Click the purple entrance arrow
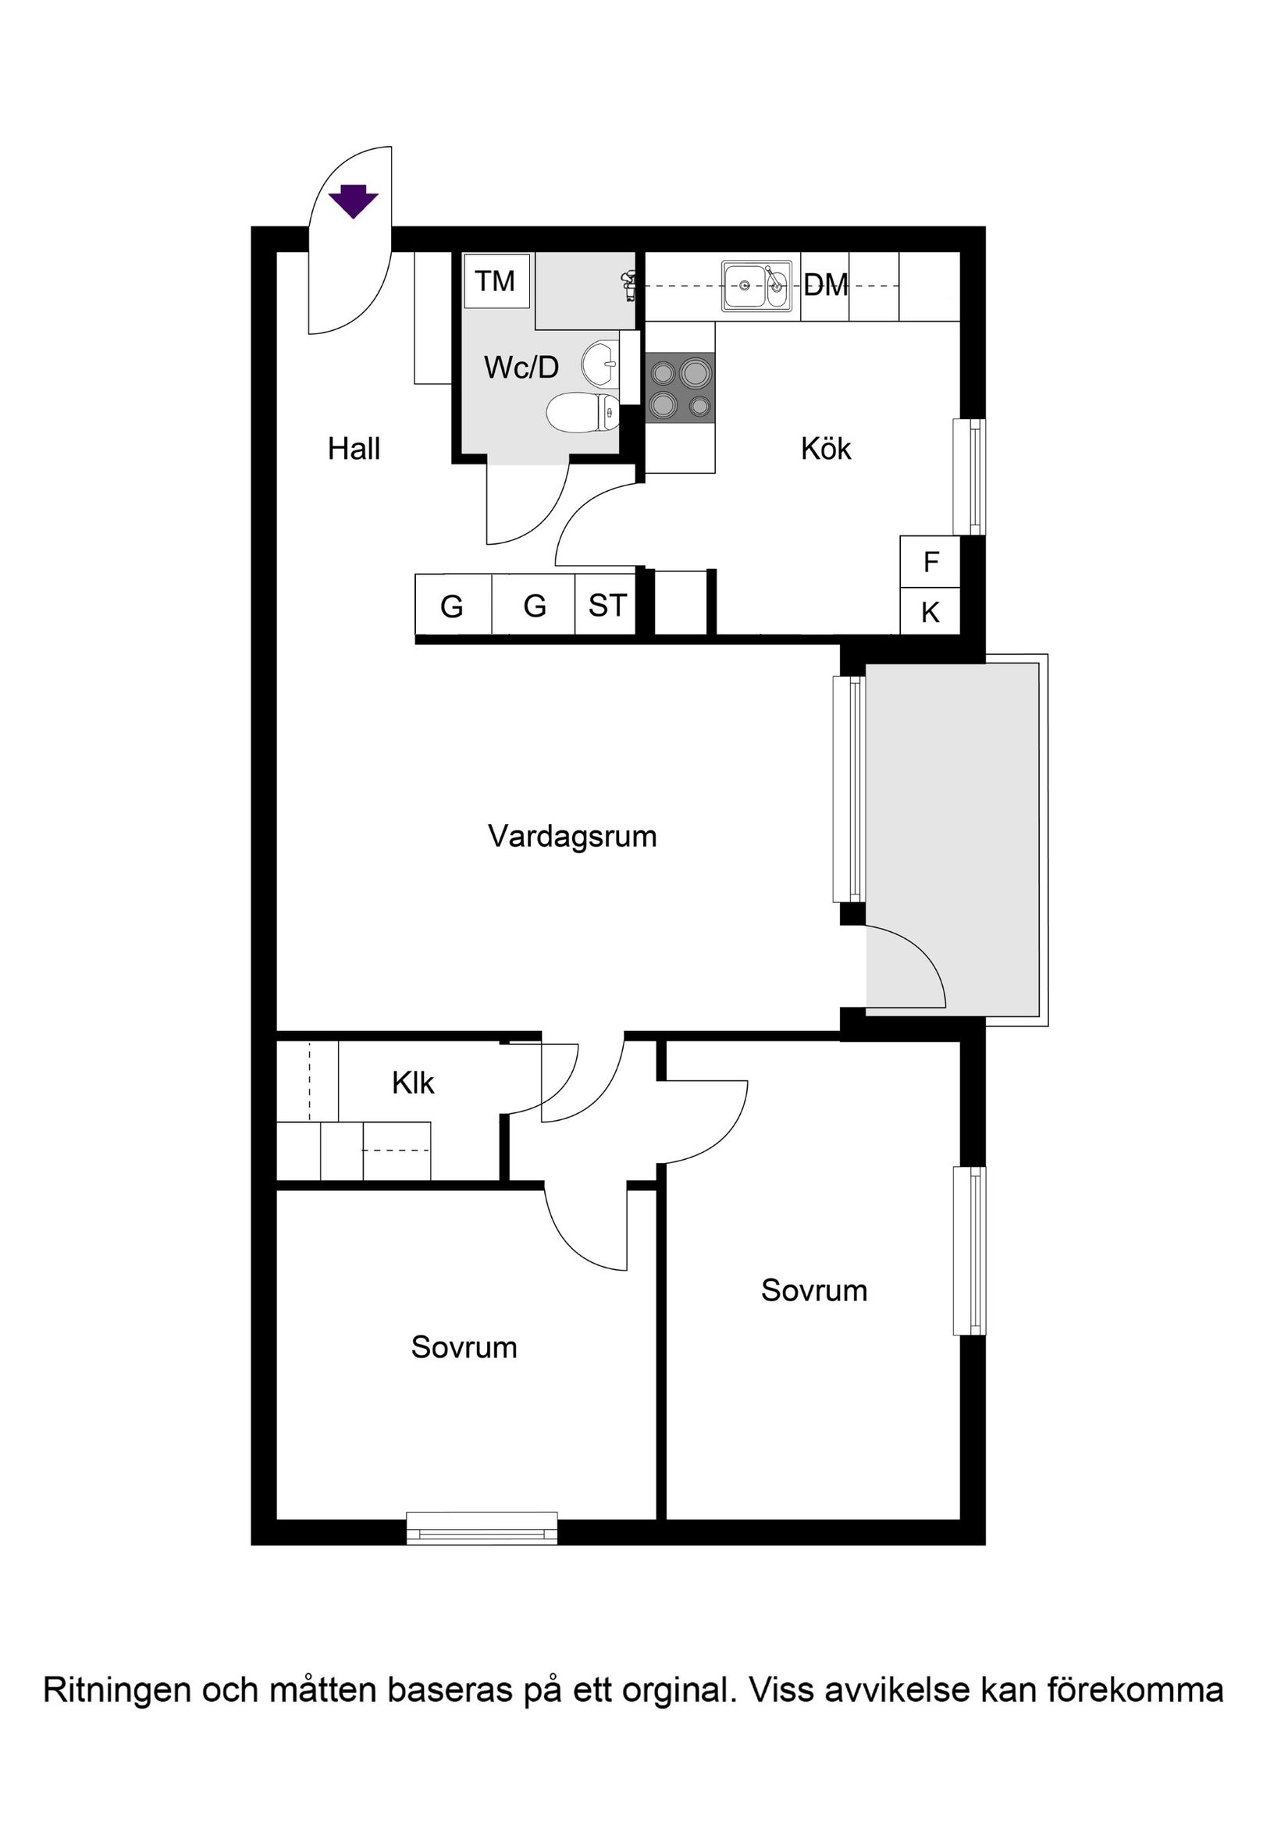[x=354, y=201]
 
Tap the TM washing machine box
[x=496, y=282]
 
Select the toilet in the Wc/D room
[x=582, y=412]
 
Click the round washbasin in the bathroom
[x=600, y=364]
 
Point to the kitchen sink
[x=756, y=286]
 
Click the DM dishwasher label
[x=826, y=285]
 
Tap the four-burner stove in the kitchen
[x=680, y=387]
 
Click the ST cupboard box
[x=607, y=605]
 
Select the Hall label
[x=354, y=449]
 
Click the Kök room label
[x=826, y=449]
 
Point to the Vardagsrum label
[x=572, y=837]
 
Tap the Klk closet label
[x=412, y=1083]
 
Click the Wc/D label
[x=521, y=367]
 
